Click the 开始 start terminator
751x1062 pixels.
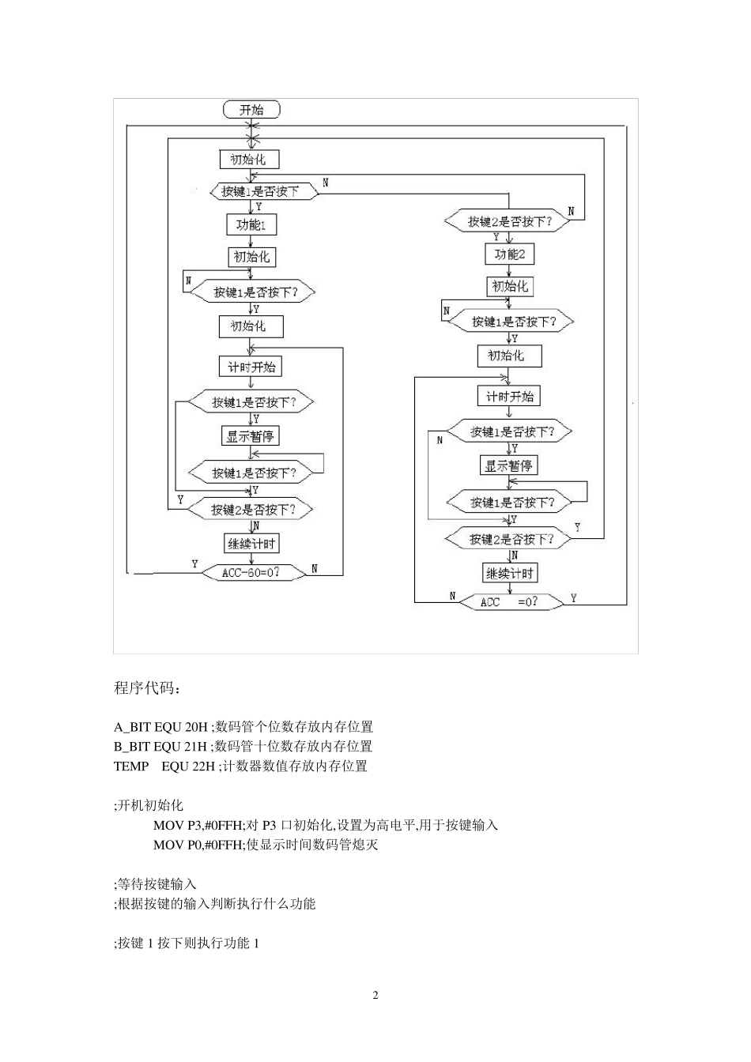[x=251, y=110]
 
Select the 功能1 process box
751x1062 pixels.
[x=251, y=225]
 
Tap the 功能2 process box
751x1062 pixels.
[x=509, y=254]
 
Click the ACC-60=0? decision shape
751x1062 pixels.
[x=251, y=572]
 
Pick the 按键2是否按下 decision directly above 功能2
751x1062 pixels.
[x=508, y=222]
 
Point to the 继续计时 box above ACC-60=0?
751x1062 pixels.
[x=252, y=544]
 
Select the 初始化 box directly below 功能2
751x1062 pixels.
[x=509, y=286]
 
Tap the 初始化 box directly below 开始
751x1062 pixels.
[x=248, y=160]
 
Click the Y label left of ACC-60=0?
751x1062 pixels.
[x=194, y=563]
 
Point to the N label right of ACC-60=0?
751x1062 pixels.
[x=314, y=568]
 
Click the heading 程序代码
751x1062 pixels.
[x=147, y=688]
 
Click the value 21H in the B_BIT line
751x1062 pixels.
[x=195, y=747]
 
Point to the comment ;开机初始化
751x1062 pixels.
[x=149, y=805]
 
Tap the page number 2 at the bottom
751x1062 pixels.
[x=375, y=995]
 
